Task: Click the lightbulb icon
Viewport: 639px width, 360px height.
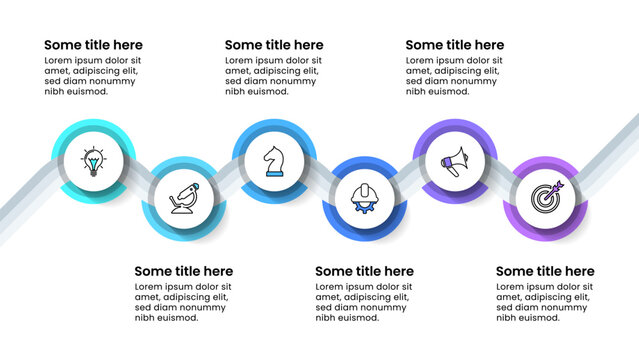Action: [93, 160]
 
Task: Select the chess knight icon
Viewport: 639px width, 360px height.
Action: [274, 160]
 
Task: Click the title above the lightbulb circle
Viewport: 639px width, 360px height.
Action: [94, 45]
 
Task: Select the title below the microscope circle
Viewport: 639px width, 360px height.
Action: [183, 271]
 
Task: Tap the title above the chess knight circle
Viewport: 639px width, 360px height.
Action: [274, 45]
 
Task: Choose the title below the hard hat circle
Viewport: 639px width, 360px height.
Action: [364, 271]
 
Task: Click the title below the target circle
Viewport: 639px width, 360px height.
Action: [545, 271]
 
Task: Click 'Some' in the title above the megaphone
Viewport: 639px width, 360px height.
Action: [422, 45]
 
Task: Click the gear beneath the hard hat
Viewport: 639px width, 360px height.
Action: [365, 206]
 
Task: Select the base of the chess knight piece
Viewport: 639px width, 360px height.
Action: [274, 174]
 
